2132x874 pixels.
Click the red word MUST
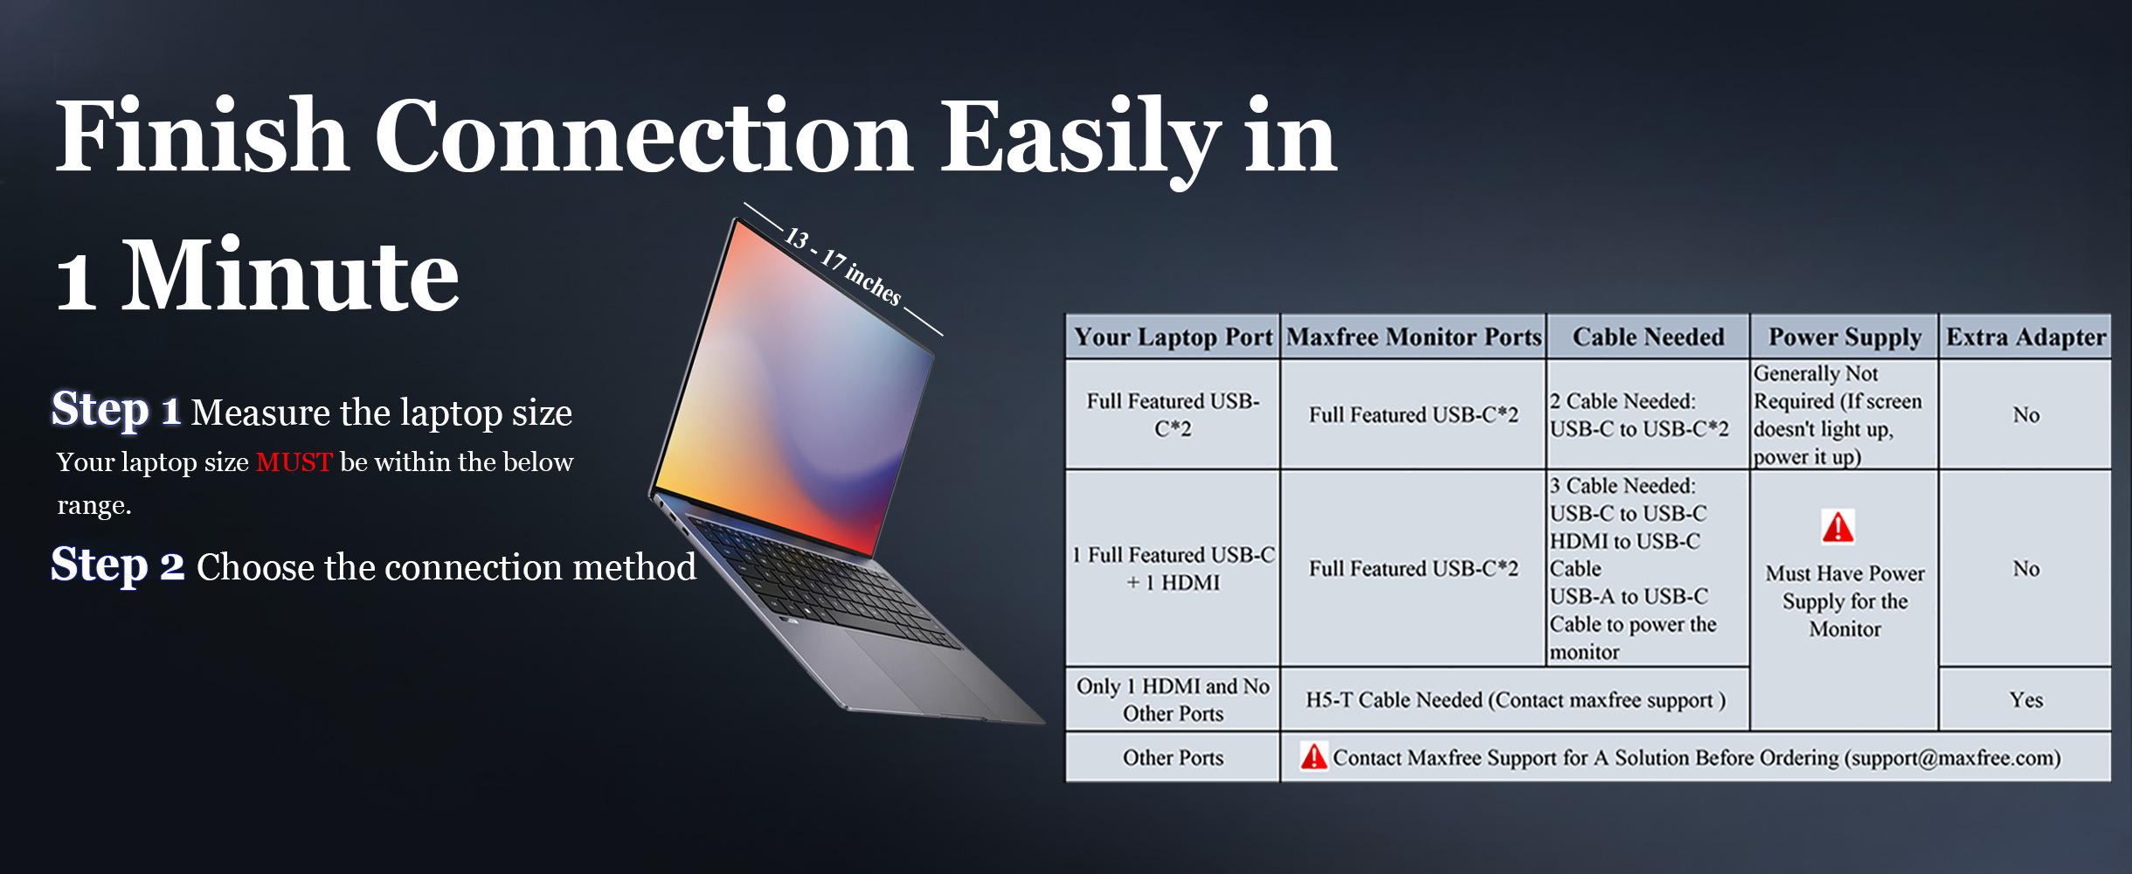click(294, 462)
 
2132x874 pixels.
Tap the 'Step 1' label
click(115, 410)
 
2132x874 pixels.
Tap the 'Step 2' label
click(117, 565)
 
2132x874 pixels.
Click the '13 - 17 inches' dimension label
click(842, 266)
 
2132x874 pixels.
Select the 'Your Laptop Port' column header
click(1173, 337)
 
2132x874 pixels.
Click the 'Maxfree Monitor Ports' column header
click(1414, 337)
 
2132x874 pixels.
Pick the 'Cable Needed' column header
click(1648, 337)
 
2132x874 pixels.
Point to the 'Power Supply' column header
click(1845, 337)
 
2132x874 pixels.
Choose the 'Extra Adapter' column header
click(2025, 337)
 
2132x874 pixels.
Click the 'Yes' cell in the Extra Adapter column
click(2025, 700)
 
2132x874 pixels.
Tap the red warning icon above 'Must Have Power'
click(1838, 527)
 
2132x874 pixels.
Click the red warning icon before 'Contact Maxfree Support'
click(1313, 756)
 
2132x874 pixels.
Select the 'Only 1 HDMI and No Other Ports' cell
click(1173, 700)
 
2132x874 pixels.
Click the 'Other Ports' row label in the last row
click(1173, 758)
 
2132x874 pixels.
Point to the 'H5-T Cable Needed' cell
click(1515, 700)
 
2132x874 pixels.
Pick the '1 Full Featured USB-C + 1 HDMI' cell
click(1173, 569)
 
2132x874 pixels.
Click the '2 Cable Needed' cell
click(1639, 415)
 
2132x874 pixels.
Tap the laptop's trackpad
click(909, 673)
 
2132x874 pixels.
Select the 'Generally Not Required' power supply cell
click(1838, 415)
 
